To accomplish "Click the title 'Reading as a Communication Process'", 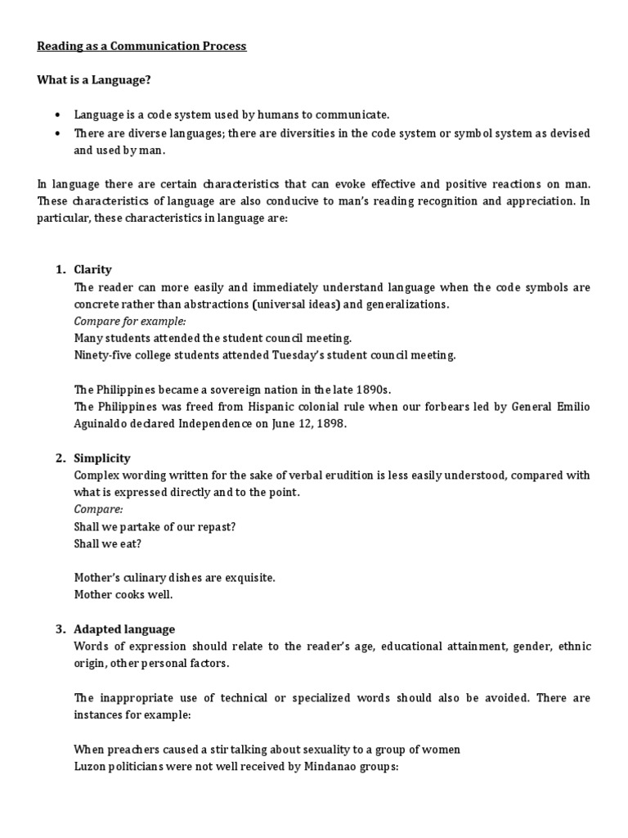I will tap(141, 46).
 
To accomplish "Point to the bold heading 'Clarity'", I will tap(92, 269).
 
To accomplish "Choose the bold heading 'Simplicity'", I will tap(102, 458).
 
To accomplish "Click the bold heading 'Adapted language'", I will tap(124, 629).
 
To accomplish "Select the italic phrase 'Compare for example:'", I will tap(130, 321).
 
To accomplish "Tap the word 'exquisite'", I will tap(247, 578).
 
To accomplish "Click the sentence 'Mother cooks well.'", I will tap(123, 595).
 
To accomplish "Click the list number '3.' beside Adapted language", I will tap(61, 629).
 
